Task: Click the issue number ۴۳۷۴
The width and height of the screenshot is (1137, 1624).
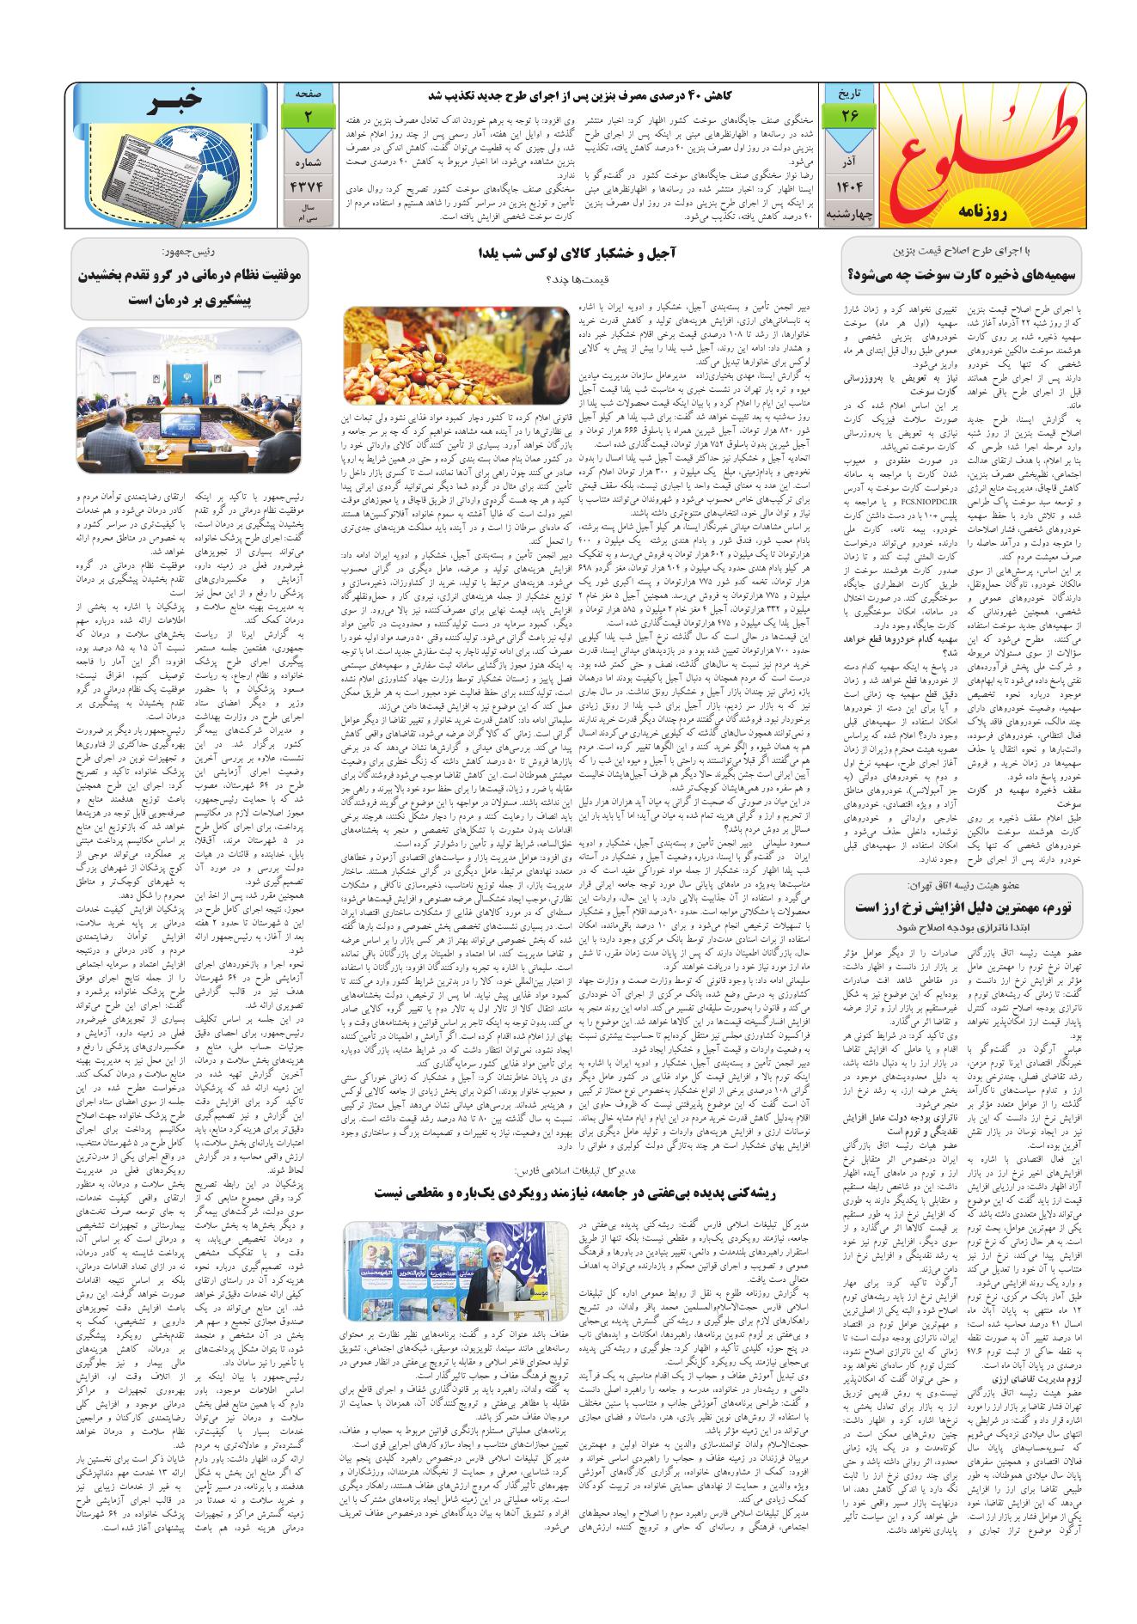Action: pyautogui.click(x=307, y=188)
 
